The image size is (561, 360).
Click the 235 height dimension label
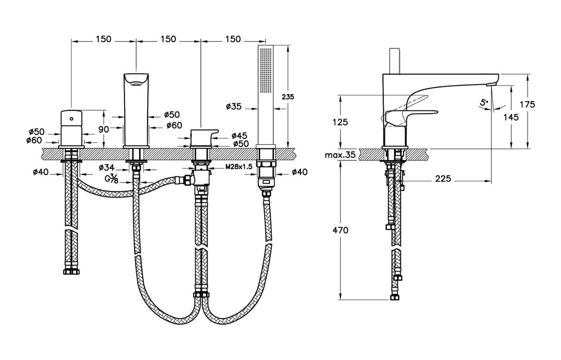[288, 97]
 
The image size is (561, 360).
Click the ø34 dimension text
[107, 167]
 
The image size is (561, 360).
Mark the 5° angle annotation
[482, 102]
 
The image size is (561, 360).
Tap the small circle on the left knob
[72, 117]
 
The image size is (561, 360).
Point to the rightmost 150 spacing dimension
[233, 39]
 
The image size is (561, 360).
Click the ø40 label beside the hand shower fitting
[299, 172]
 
